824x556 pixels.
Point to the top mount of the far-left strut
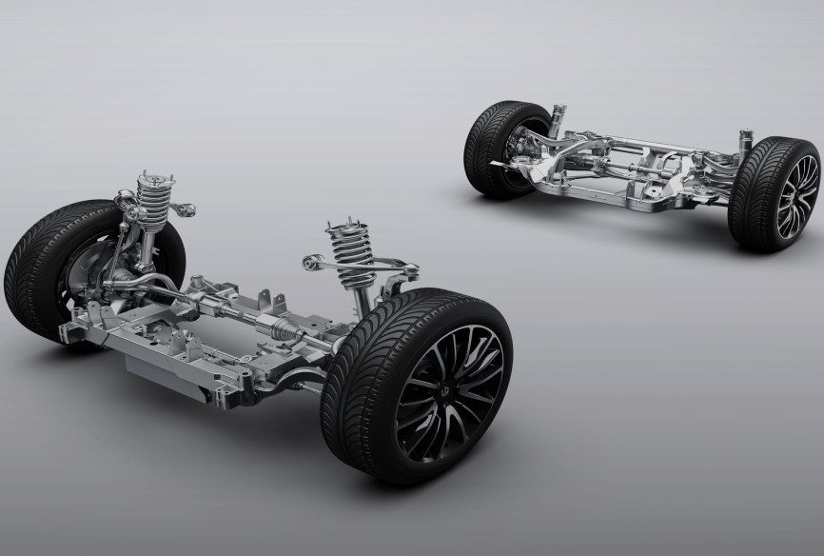(x=147, y=176)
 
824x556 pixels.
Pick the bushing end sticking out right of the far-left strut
(x=189, y=208)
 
